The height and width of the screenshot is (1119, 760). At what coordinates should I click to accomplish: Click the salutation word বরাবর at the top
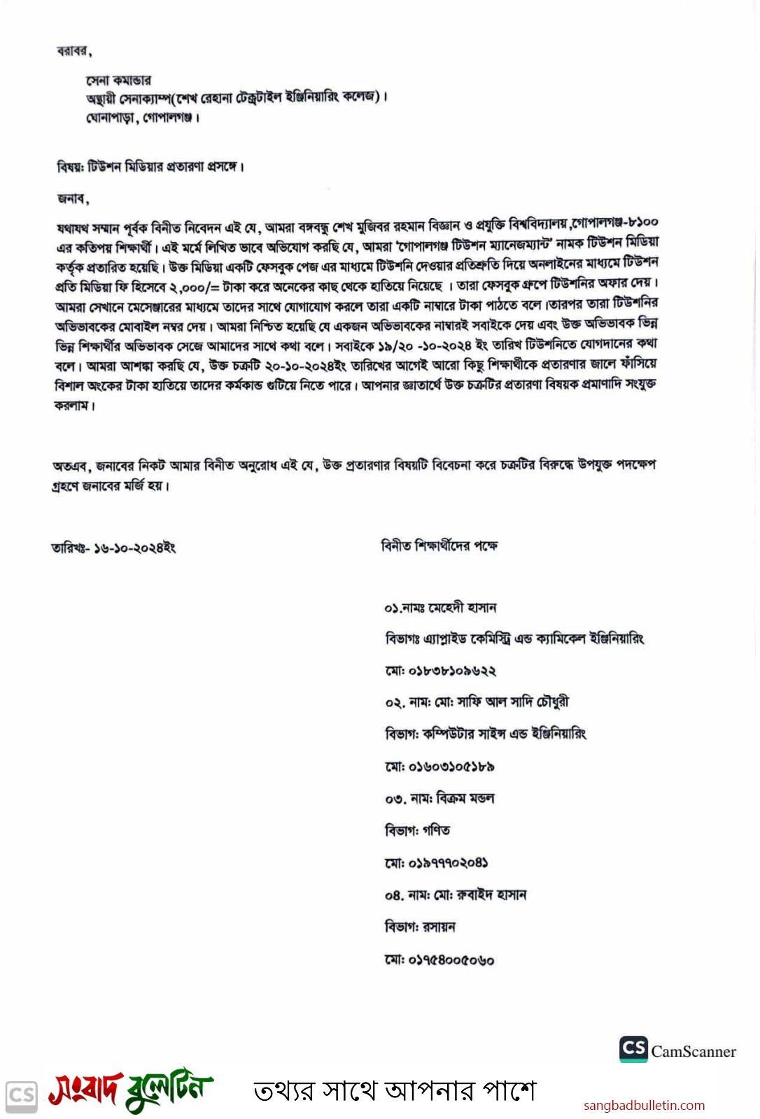click(73, 51)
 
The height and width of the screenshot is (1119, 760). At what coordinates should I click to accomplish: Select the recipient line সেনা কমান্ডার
click(118, 80)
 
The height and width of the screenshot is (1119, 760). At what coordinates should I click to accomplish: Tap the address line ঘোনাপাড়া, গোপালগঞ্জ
click(143, 117)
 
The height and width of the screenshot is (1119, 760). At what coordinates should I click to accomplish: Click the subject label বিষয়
click(69, 167)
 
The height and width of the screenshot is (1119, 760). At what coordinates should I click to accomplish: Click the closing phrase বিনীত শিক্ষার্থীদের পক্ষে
click(439, 546)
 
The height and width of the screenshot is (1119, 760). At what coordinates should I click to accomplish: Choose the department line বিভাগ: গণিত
click(417, 831)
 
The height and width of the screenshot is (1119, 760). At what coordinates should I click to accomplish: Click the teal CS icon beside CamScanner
click(633, 1048)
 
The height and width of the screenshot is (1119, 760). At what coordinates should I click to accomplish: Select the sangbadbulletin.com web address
click(644, 1106)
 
